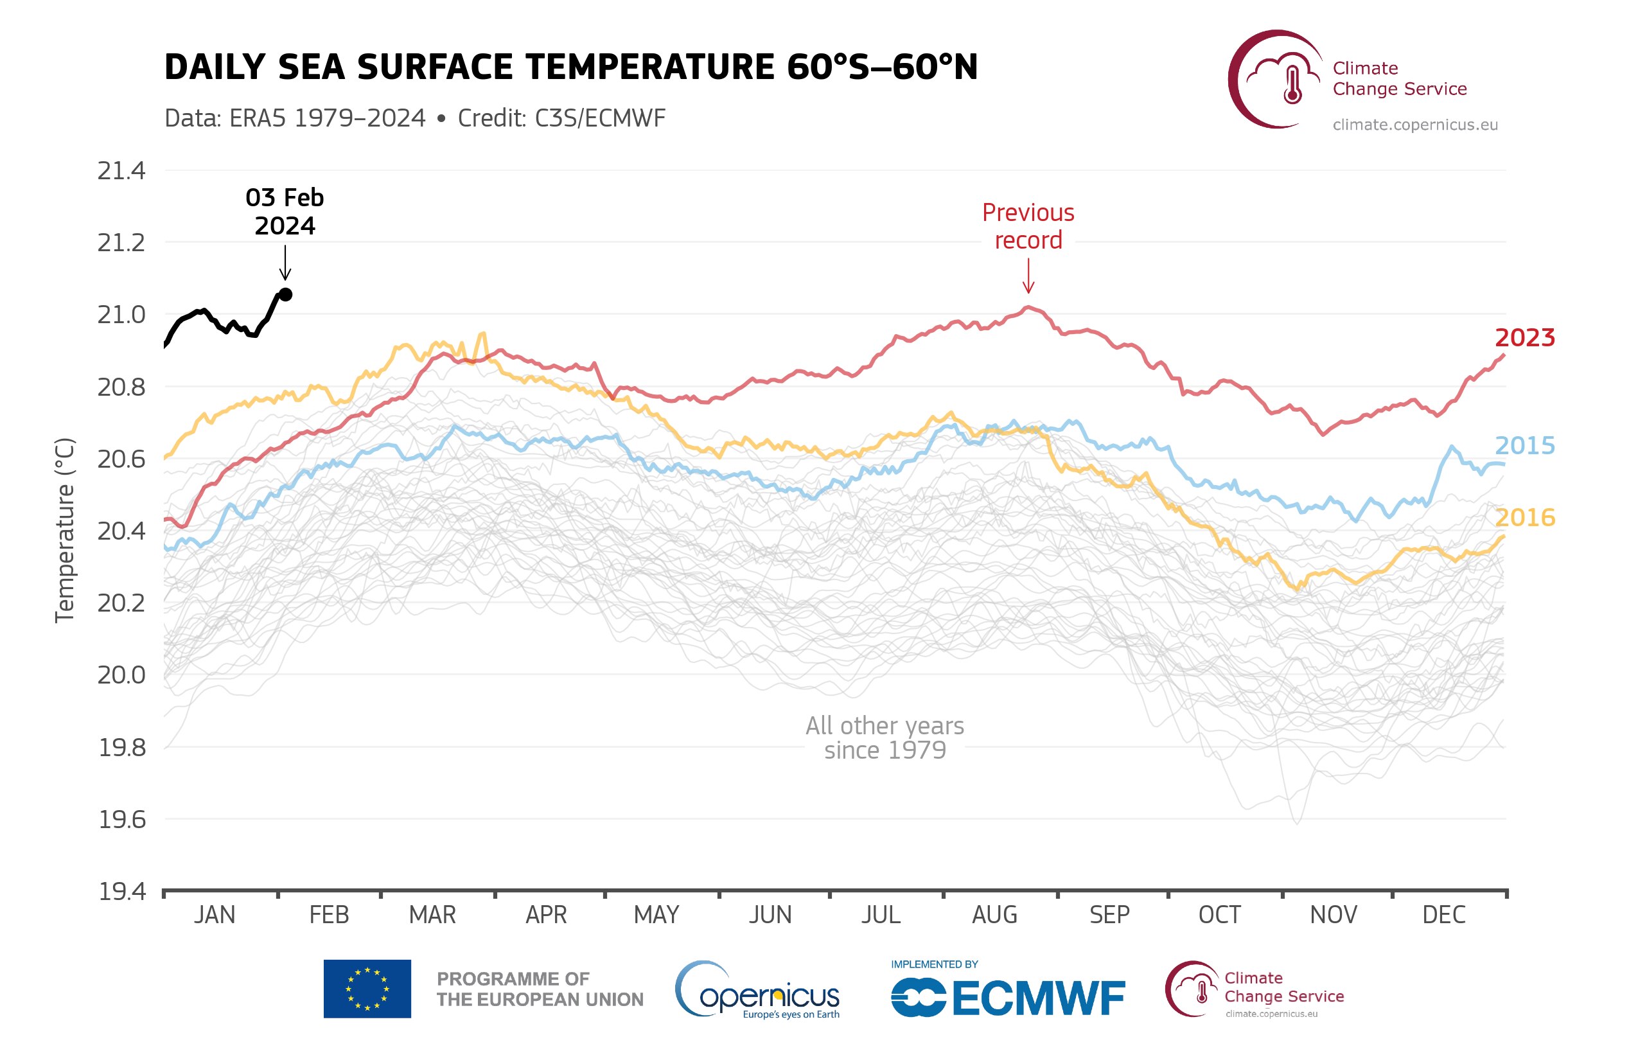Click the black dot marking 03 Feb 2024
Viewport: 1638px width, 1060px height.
click(x=286, y=295)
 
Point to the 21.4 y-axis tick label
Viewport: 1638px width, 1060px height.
click(x=121, y=171)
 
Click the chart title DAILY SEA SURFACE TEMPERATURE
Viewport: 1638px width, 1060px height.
click(x=570, y=67)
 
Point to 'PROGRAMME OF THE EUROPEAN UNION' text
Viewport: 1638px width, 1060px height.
click(x=540, y=989)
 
